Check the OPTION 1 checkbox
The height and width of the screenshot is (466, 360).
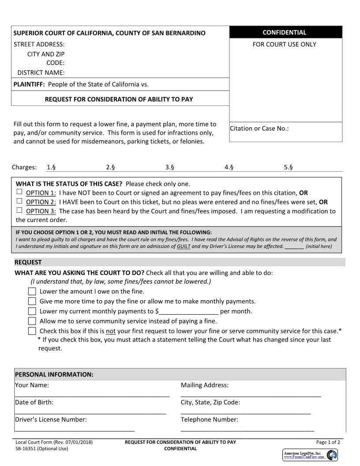(x=19, y=192)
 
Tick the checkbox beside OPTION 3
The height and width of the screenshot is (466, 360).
(x=19, y=210)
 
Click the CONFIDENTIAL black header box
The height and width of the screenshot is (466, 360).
(x=285, y=32)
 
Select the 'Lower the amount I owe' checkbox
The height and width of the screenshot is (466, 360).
(x=32, y=291)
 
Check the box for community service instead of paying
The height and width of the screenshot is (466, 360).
(x=32, y=321)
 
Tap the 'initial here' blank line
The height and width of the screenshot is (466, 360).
(x=294, y=246)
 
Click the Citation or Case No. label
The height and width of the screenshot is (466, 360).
(x=259, y=128)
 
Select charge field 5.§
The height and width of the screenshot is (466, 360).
(x=289, y=167)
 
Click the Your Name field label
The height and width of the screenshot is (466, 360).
(x=32, y=385)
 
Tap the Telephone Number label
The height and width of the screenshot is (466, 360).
(x=209, y=420)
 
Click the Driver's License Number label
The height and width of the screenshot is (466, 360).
(x=51, y=420)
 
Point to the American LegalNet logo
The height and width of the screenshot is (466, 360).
(x=310, y=455)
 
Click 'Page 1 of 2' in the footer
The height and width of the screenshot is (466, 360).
(x=328, y=442)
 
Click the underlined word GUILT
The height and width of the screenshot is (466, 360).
(x=184, y=246)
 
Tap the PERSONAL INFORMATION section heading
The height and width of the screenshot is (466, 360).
(x=54, y=375)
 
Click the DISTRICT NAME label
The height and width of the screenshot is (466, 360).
(x=41, y=73)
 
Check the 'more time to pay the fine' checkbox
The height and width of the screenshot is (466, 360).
(x=32, y=301)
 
